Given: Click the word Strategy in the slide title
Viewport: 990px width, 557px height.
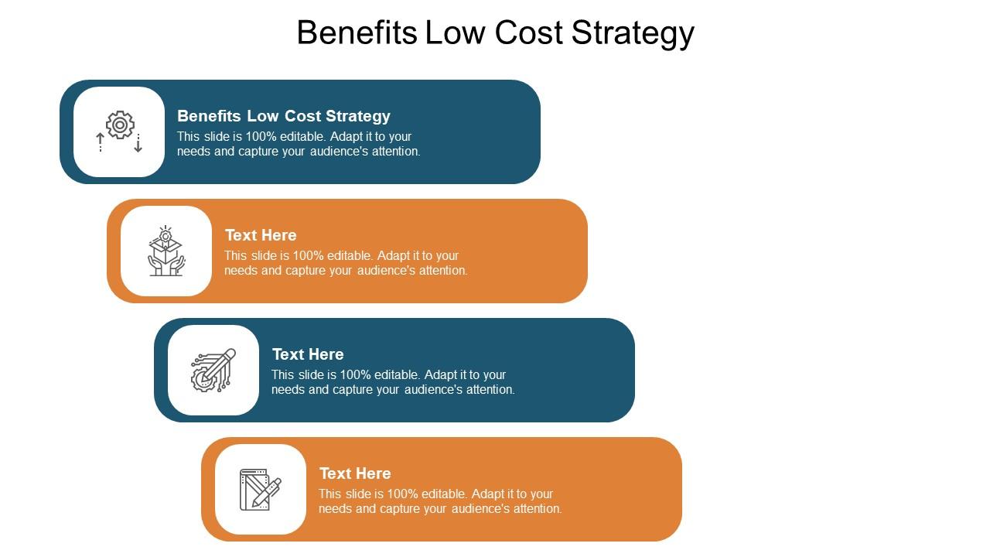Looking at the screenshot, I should [633, 33].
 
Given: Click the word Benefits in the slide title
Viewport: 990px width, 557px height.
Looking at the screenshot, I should [358, 33].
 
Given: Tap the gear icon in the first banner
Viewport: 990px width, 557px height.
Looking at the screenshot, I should [120, 125].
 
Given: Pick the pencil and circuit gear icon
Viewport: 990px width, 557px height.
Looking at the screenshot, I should [213, 370].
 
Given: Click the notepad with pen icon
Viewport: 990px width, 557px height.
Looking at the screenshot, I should [261, 489].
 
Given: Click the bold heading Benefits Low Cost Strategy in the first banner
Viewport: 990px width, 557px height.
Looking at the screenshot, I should [284, 116].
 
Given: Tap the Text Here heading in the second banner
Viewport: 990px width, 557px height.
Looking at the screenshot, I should [261, 235].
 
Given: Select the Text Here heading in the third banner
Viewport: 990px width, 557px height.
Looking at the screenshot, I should [308, 354].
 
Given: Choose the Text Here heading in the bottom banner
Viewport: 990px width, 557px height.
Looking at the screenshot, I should [355, 473].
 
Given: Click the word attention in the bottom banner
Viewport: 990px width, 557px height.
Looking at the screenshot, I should [536, 509].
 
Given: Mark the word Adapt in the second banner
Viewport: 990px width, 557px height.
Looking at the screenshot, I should [390, 256].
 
